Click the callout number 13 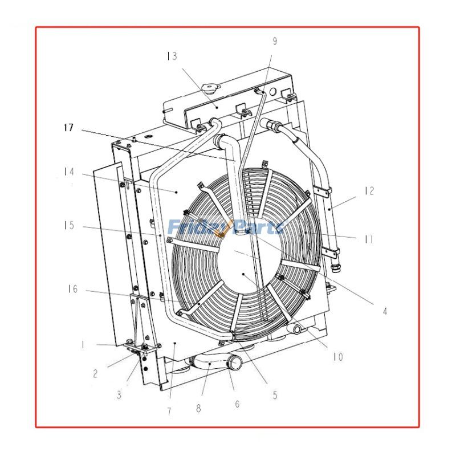pos(172,56)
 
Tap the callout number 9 pos(274,40)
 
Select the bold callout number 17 pos(68,128)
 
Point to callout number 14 pos(69,171)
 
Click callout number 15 pos(69,226)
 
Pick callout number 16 pos(72,290)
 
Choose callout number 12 pos(369,190)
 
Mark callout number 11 pos(369,239)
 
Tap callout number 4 pos(385,311)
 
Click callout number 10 pos(338,357)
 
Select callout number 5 pos(274,394)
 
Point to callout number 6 pos(237,404)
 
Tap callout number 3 pos(119,394)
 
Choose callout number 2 pos(95,374)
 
